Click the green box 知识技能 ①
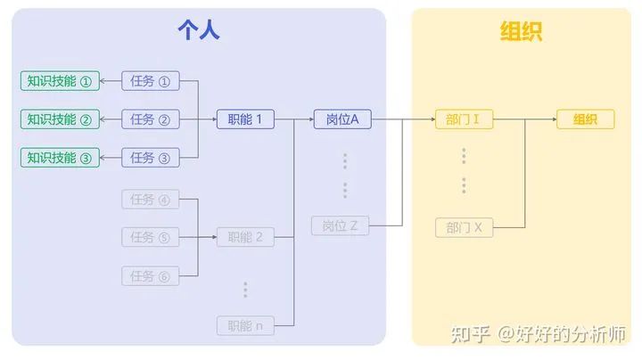pyautogui.click(x=60, y=81)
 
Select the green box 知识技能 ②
pyautogui.click(x=60, y=119)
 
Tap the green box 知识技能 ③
pyautogui.click(x=60, y=158)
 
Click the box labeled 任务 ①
pyautogui.click(x=150, y=81)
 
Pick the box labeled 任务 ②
pyautogui.click(x=150, y=119)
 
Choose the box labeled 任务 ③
pyautogui.click(x=150, y=158)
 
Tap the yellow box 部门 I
pyautogui.click(x=464, y=119)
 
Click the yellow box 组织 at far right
pyautogui.click(x=585, y=119)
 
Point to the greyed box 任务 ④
pyautogui.click(x=150, y=199)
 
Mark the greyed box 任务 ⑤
pyautogui.click(x=150, y=237)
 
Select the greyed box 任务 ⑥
pyautogui.click(x=150, y=275)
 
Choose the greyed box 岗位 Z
pyautogui.click(x=340, y=226)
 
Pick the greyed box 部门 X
pyautogui.click(x=464, y=227)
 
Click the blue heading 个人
pyautogui.click(x=198, y=33)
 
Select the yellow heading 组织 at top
pyautogui.click(x=521, y=33)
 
